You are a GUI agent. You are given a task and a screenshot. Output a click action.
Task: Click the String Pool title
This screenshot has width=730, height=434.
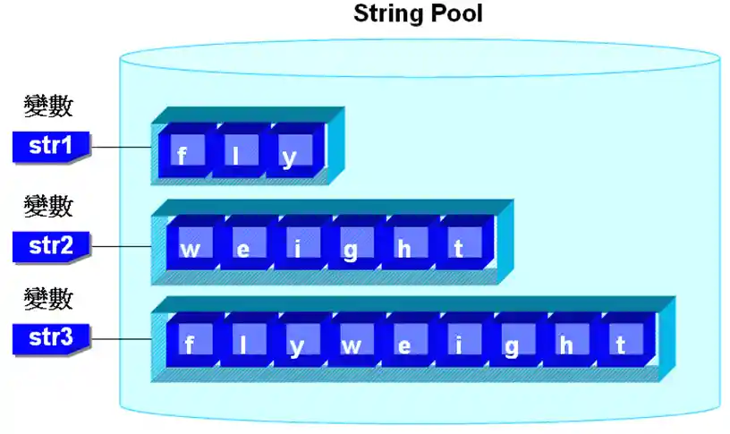(x=418, y=14)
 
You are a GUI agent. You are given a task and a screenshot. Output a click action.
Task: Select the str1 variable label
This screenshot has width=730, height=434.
(x=50, y=146)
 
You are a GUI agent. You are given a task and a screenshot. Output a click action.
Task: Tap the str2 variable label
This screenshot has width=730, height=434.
(x=50, y=245)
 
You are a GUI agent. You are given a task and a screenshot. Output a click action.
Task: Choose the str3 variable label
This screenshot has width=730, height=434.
(x=50, y=339)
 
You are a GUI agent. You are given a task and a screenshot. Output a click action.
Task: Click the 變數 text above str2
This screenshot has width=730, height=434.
(x=48, y=207)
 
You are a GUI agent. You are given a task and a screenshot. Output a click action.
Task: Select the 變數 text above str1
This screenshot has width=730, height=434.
(x=48, y=107)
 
